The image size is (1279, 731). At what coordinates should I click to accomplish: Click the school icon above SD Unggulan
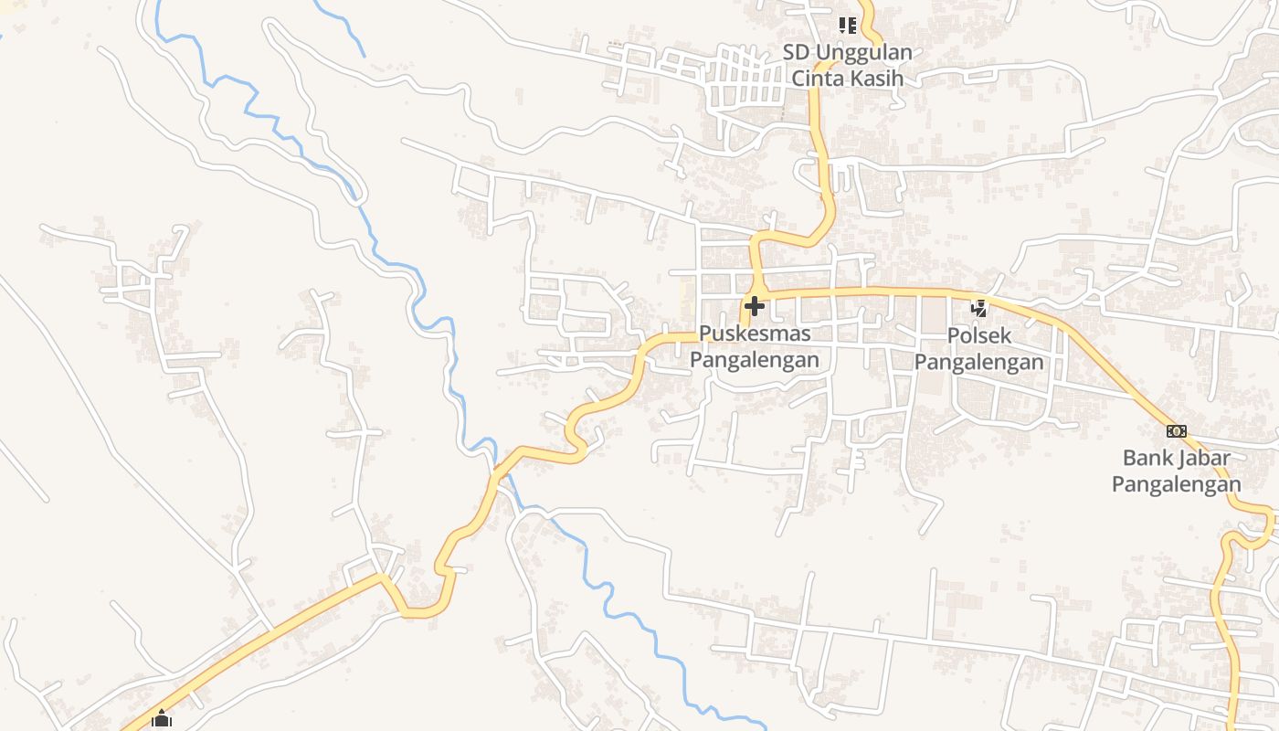pos(848,25)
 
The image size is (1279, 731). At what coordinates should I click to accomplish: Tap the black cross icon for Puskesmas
pos(755,305)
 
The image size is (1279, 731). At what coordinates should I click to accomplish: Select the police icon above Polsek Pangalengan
pos(978,308)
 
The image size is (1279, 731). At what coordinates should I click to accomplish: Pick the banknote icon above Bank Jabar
pos(1177,430)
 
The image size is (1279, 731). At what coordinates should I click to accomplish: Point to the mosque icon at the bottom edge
pos(162,719)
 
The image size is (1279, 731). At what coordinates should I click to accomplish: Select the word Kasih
pos(877,79)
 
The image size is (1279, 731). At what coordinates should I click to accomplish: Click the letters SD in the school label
pos(794,53)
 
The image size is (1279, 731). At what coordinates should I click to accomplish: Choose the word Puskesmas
pos(755,334)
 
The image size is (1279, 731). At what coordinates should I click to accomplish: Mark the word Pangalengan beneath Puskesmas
pos(755,360)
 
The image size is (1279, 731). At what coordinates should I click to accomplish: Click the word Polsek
pos(978,335)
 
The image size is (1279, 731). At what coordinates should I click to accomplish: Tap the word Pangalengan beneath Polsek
pos(978,362)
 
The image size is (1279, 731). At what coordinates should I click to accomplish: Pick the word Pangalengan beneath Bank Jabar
pos(1177,484)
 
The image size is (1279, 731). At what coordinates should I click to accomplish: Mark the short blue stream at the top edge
pos(340,27)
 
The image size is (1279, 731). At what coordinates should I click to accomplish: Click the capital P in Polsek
pos(954,335)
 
